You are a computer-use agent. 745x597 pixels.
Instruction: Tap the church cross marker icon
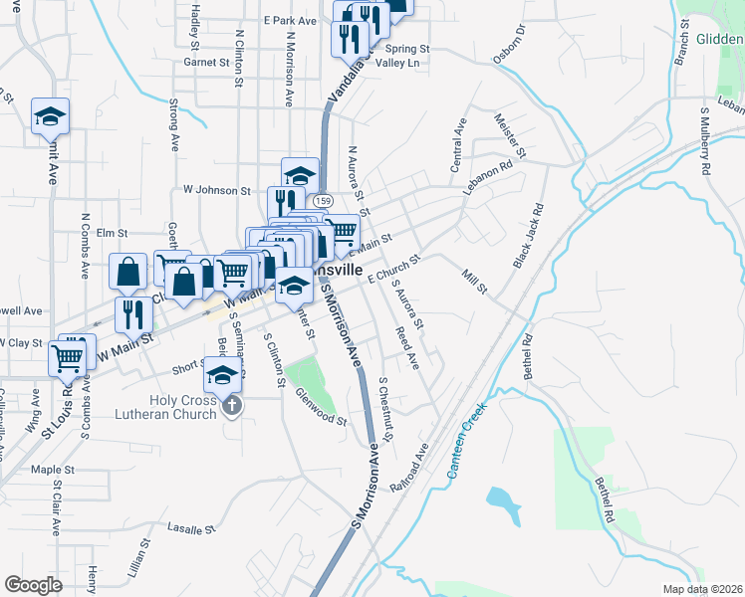point(233,405)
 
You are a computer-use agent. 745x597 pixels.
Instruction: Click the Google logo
point(33,585)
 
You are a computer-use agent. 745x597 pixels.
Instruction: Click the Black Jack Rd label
point(528,236)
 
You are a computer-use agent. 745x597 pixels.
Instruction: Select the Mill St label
point(474,281)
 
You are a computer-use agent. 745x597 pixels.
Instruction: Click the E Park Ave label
point(290,20)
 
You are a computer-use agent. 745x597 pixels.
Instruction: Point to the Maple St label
point(53,469)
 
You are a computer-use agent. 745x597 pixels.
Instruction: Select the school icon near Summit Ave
point(50,115)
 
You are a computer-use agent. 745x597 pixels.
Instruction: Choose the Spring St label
point(405,48)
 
